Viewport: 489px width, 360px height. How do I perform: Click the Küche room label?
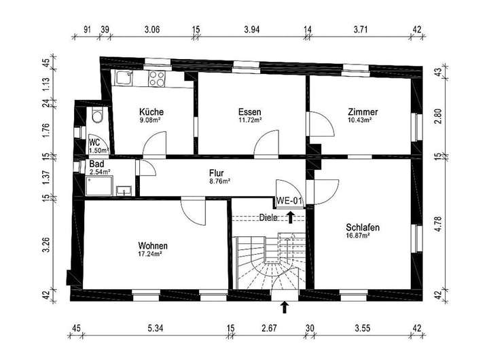[x=151, y=112]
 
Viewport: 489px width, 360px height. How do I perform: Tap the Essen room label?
[x=249, y=112]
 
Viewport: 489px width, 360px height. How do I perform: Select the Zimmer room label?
[x=362, y=112]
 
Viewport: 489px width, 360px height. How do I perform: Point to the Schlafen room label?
[x=362, y=227]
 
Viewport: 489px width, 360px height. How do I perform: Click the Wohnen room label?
[x=153, y=245]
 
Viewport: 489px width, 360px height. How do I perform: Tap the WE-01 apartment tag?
[x=289, y=200]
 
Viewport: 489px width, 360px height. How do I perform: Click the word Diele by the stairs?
[x=269, y=218]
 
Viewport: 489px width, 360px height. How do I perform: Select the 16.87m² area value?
[x=357, y=236]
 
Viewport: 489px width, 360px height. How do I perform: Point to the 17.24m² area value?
[x=150, y=254]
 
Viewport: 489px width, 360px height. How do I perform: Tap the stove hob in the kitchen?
[x=157, y=78]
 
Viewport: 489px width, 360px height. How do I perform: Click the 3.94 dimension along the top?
[x=252, y=30]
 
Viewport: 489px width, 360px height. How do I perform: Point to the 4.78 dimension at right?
[x=438, y=224]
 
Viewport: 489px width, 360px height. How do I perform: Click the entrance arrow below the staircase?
[x=285, y=307]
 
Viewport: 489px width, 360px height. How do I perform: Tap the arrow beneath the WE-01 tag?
[x=291, y=217]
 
